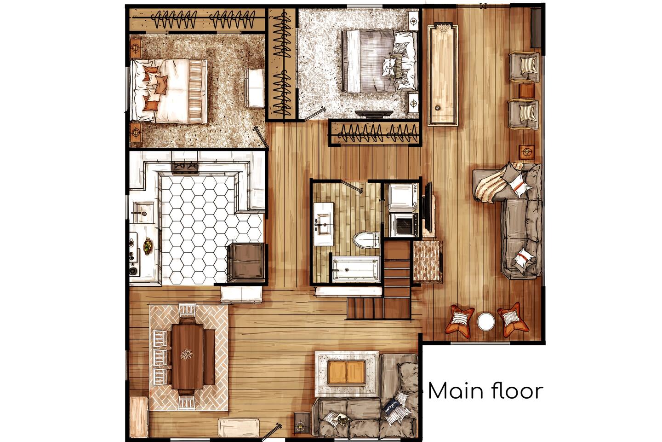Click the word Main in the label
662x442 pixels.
457,391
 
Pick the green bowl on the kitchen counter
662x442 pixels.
147,246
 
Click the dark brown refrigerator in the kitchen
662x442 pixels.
246,262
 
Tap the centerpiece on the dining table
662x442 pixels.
187,354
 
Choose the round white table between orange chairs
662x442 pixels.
486,322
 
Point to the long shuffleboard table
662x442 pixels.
443,75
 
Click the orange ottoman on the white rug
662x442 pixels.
346,372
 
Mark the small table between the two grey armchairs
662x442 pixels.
527,91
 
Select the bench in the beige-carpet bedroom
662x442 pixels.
254,88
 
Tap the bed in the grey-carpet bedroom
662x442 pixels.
379,61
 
